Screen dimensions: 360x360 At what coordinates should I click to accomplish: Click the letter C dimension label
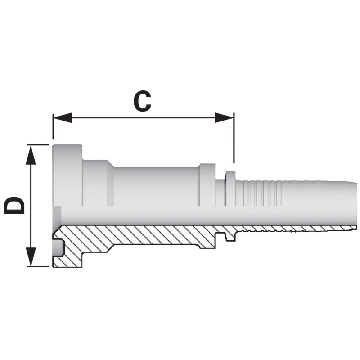pos(142,101)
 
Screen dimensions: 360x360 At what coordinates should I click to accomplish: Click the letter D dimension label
pos(14,205)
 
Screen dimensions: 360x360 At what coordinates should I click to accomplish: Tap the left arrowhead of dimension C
pos(63,118)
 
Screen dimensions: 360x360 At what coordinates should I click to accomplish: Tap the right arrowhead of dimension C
pos(224,118)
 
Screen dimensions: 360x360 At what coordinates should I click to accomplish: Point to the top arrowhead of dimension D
pos(31,154)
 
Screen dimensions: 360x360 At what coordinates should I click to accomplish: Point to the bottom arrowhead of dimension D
pos(31,256)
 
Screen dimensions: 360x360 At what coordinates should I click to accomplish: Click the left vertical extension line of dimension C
pos(53,126)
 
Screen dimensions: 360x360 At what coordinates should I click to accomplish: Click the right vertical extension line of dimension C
pos(234,138)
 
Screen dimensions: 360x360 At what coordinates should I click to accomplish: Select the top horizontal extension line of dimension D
pos(38,144)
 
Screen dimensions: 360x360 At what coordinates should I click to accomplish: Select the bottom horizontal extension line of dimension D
pos(38,266)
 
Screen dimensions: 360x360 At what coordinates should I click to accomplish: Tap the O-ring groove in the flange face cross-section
pos(58,248)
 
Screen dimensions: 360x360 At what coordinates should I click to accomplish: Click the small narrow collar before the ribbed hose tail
pos(231,188)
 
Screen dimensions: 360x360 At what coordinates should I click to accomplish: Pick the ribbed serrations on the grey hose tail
pos(262,193)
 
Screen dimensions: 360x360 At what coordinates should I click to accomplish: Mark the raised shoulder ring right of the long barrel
pos(207,185)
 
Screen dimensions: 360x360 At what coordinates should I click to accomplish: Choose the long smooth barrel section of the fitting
pos(156,186)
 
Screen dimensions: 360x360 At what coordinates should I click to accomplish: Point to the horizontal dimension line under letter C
pos(144,118)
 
